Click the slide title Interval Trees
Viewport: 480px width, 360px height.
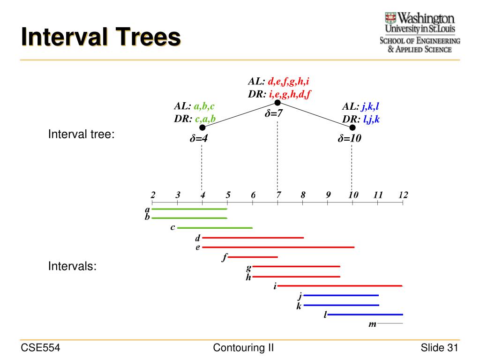(x=100, y=37)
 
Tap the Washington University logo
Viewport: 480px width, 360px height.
(x=420, y=32)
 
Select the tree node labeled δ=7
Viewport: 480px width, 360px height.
(x=277, y=103)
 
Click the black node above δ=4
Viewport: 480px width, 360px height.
(x=202, y=127)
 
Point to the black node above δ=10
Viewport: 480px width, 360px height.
(x=352, y=127)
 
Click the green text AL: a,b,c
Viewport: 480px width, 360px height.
(x=194, y=107)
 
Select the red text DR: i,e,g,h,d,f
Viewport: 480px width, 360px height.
(x=280, y=94)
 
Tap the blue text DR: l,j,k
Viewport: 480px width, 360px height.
(x=360, y=119)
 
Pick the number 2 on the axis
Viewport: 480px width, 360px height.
(x=153, y=195)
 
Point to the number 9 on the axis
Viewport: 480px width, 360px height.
(x=328, y=195)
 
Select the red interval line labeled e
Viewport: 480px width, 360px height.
(x=278, y=247)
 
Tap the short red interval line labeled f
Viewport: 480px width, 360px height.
(x=253, y=257)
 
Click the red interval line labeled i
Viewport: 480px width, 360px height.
(x=340, y=285)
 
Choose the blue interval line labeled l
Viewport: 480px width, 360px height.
(x=365, y=315)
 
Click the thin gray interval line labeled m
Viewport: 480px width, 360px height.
(x=390, y=323)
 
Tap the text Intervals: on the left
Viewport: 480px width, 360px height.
(x=73, y=267)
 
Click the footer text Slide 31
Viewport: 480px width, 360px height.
(x=439, y=347)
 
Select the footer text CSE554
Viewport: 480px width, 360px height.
(x=40, y=347)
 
